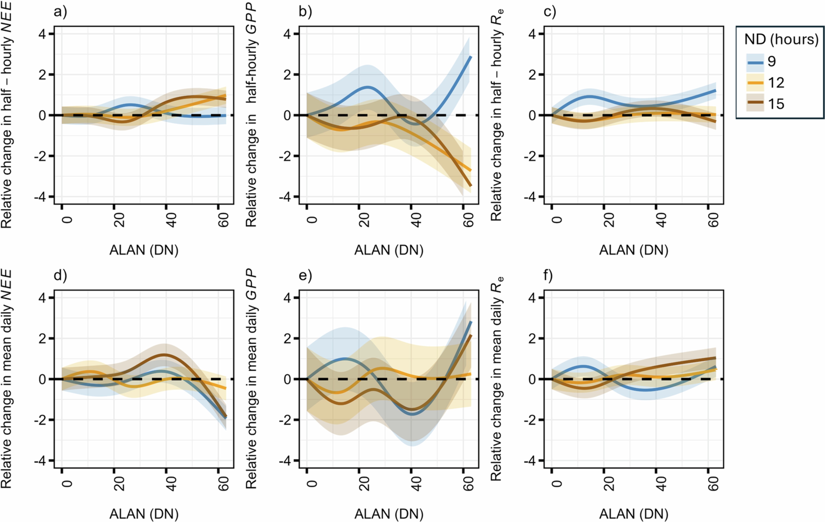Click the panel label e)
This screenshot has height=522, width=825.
coord(305,276)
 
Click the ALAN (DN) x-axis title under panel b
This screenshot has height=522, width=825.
coord(388,250)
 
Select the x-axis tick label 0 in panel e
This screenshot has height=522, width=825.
coord(312,483)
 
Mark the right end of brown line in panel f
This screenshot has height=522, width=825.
coord(716,358)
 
